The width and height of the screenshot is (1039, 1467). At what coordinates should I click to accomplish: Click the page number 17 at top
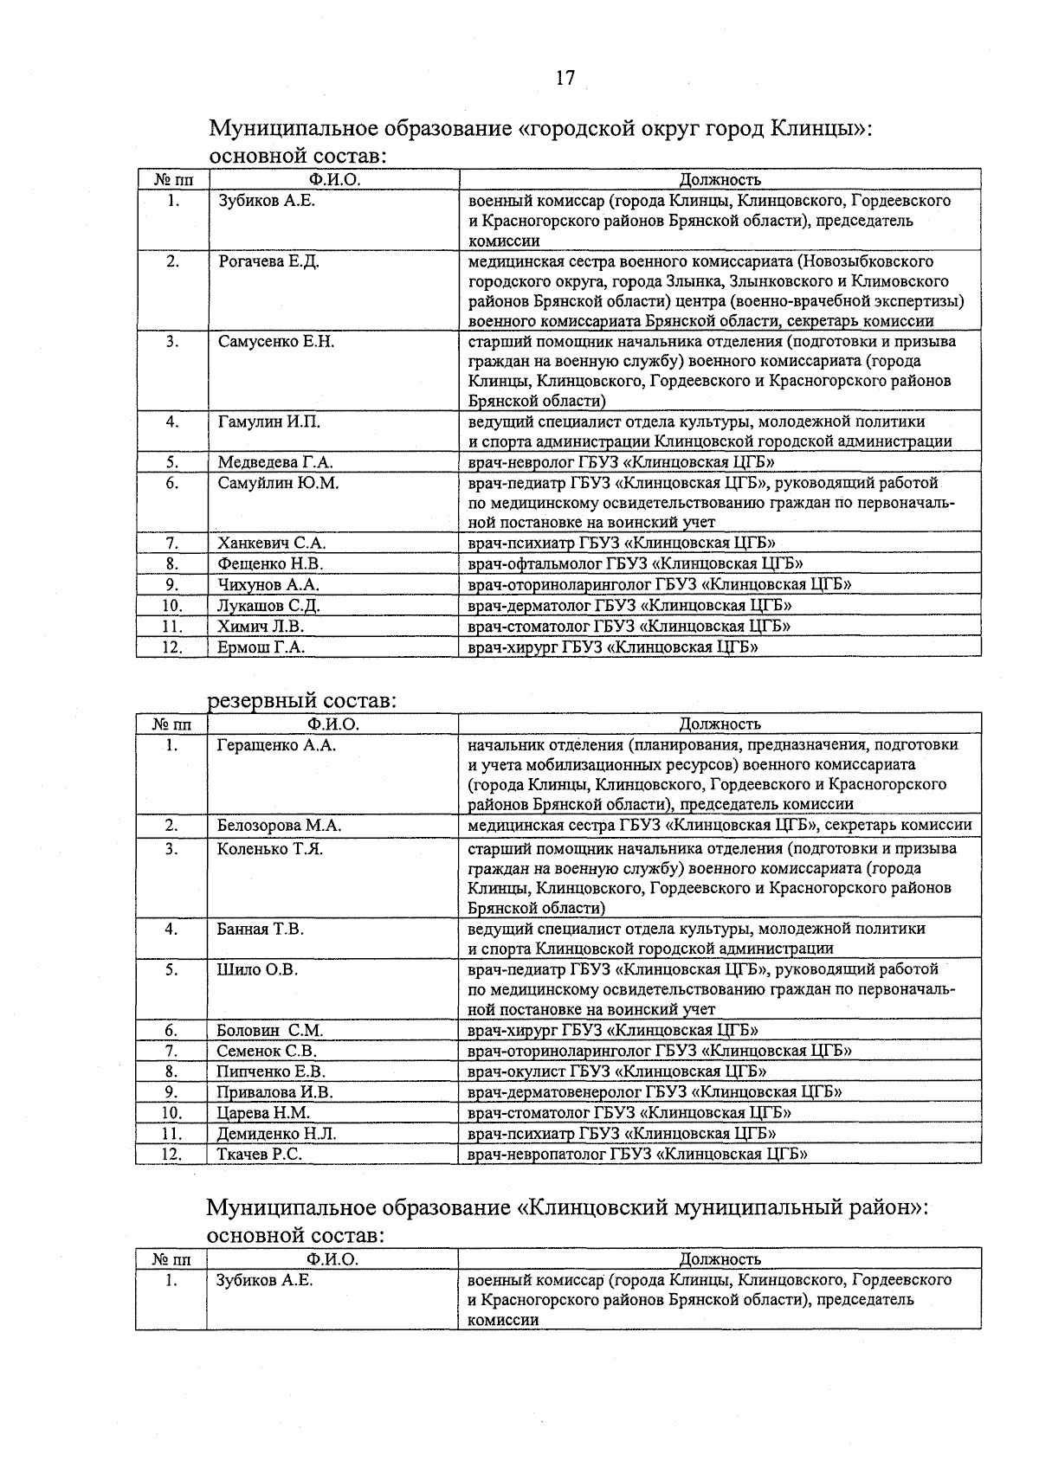tap(565, 78)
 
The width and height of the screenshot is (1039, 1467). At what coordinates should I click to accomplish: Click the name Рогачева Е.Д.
tap(268, 261)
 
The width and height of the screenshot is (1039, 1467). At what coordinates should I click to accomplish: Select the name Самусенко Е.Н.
tap(275, 342)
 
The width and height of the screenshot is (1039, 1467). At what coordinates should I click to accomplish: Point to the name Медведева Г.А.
tap(274, 463)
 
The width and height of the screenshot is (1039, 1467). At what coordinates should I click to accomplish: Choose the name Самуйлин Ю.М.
tap(278, 483)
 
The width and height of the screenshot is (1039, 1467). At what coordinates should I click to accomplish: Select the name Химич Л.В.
tap(261, 626)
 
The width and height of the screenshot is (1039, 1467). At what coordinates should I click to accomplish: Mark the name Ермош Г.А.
tap(261, 647)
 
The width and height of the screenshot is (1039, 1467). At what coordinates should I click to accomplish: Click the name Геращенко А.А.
tap(275, 745)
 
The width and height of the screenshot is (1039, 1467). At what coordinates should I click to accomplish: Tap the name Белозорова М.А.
tap(279, 826)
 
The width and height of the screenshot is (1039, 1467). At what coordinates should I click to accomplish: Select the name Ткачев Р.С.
tap(258, 1154)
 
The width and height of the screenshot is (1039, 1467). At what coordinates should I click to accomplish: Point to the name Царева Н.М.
tap(262, 1113)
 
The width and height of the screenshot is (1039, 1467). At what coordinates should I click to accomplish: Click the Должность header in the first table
tap(719, 180)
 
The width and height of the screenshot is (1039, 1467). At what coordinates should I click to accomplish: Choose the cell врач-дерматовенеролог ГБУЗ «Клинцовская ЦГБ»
tap(654, 1092)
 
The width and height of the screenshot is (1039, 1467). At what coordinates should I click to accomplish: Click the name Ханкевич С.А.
tap(271, 544)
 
